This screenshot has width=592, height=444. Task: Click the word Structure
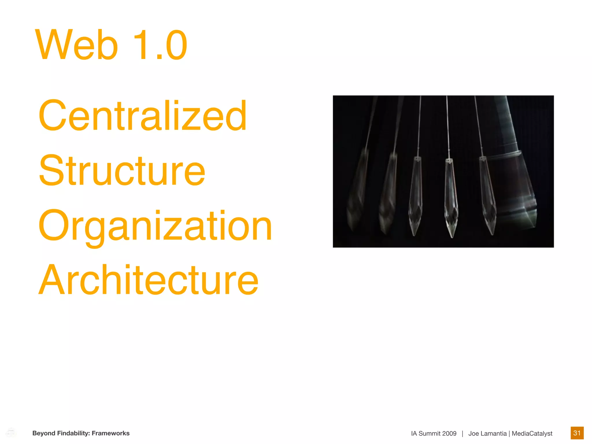point(122,171)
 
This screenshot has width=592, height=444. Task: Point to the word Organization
point(155,226)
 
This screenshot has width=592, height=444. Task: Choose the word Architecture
point(148,280)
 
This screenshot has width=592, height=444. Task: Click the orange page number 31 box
point(577,433)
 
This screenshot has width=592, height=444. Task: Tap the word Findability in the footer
point(74,433)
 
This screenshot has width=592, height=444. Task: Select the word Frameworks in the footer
point(111,433)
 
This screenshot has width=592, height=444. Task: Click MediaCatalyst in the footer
point(532,434)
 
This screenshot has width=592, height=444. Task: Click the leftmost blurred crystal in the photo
point(357,191)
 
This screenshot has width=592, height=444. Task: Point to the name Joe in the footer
point(473,434)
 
